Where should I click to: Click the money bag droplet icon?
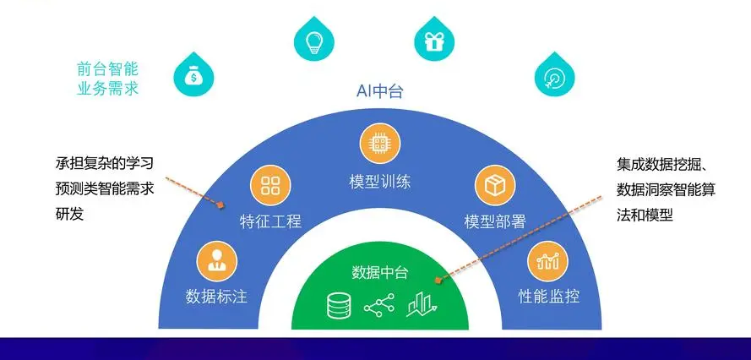click(x=193, y=75)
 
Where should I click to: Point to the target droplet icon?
click(x=555, y=75)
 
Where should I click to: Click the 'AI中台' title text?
click(x=380, y=90)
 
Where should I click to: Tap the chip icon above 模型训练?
click(x=380, y=144)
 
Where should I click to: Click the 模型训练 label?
click(x=380, y=183)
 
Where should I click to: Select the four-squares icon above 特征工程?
click(x=270, y=185)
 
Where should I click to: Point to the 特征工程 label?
click(x=270, y=221)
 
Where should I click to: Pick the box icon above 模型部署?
click(x=495, y=185)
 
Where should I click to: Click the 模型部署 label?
click(x=495, y=221)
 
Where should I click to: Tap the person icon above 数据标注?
click(x=217, y=261)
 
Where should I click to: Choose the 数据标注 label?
click(x=216, y=297)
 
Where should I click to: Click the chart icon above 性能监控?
click(x=548, y=261)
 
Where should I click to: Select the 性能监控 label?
click(x=549, y=297)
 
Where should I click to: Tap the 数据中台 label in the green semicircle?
click(x=380, y=273)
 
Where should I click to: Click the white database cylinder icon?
click(x=339, y=305)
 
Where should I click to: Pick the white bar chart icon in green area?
click(x=422, y=304)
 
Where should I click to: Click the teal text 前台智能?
click(x=107, y=70)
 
